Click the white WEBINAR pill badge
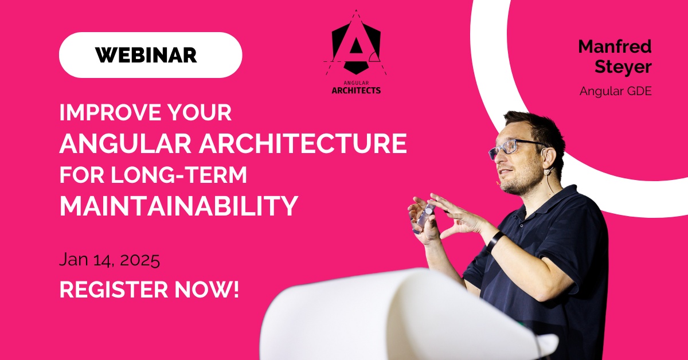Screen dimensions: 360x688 coord(150,55)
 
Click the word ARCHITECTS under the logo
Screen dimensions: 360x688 coord(356,90)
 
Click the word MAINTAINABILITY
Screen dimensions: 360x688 coord(179,206)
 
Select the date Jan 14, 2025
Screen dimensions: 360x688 coord(110,261)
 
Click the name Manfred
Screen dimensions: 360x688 coord(615,47)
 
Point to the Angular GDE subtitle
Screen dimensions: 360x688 coord(615,91)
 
